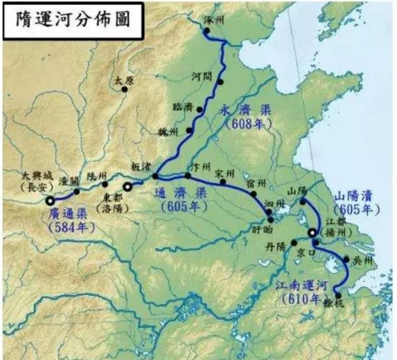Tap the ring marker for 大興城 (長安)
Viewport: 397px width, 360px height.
point(51,200)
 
